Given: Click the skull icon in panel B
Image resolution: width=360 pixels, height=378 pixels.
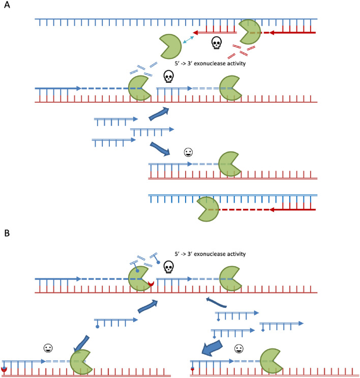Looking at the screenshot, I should pos(179,266).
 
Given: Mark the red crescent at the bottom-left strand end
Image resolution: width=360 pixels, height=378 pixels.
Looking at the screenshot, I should pos(5,368).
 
